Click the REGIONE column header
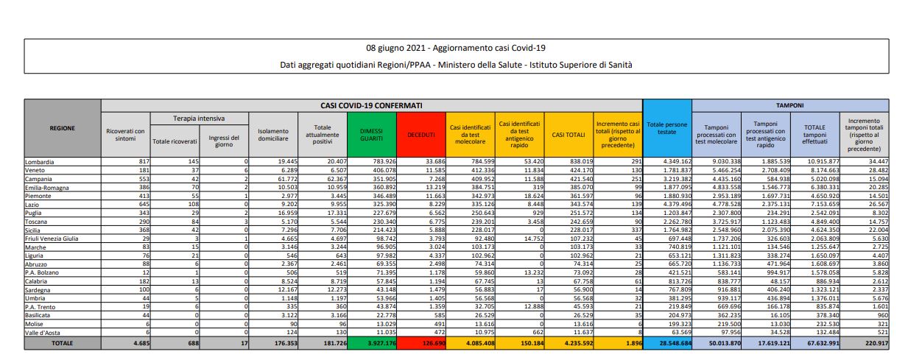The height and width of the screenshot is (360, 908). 62,127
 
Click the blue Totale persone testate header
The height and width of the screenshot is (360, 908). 666,128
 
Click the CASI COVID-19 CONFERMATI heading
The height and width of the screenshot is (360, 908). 371,105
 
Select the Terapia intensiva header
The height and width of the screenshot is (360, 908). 199,118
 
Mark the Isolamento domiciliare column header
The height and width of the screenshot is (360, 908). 272,133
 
